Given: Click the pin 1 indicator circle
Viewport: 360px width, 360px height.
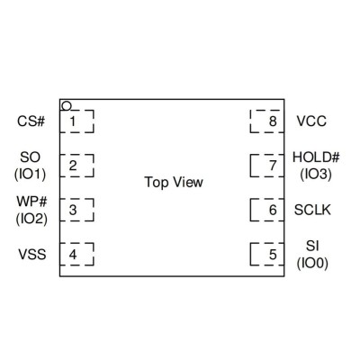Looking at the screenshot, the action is [x=67, y=106].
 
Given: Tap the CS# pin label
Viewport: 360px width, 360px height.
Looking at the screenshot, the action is [x=31, y=121].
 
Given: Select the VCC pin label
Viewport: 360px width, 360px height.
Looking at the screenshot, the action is [x=311, y=121].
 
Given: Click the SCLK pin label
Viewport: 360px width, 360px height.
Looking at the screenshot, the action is [x=312, y=210].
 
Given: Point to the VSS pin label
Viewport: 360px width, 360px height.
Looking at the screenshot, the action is [x=32, y=255].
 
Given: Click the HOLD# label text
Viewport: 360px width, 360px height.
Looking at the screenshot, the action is [x=316, y=157].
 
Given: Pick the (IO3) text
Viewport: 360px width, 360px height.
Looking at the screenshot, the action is [x=316, y=175].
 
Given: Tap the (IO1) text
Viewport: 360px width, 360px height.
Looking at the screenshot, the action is [x=31, y=175].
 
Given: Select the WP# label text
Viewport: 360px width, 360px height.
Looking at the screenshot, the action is [x=31, y=202].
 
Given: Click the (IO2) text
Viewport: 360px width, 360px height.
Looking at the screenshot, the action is [x=31, y=219].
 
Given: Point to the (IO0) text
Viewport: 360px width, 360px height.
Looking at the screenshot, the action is [x=312, y=263].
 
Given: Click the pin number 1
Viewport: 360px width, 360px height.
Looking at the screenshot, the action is [x=73, y=121].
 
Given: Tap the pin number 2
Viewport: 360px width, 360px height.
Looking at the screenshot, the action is [x=73, y=166].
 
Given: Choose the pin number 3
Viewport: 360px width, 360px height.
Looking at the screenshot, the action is [x=73, y=210].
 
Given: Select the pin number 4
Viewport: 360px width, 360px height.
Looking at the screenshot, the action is [x=73, y=255].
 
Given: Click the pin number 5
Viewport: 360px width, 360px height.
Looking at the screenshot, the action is [x=273, y=255].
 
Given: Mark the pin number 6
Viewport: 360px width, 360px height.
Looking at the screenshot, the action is [x=273, y=210].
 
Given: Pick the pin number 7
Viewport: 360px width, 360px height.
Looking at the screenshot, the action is [x=273, y=166].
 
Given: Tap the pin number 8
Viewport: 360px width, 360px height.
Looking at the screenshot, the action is [x=273, y=121].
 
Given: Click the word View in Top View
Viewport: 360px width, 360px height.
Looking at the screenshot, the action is [x=188, y=182].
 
